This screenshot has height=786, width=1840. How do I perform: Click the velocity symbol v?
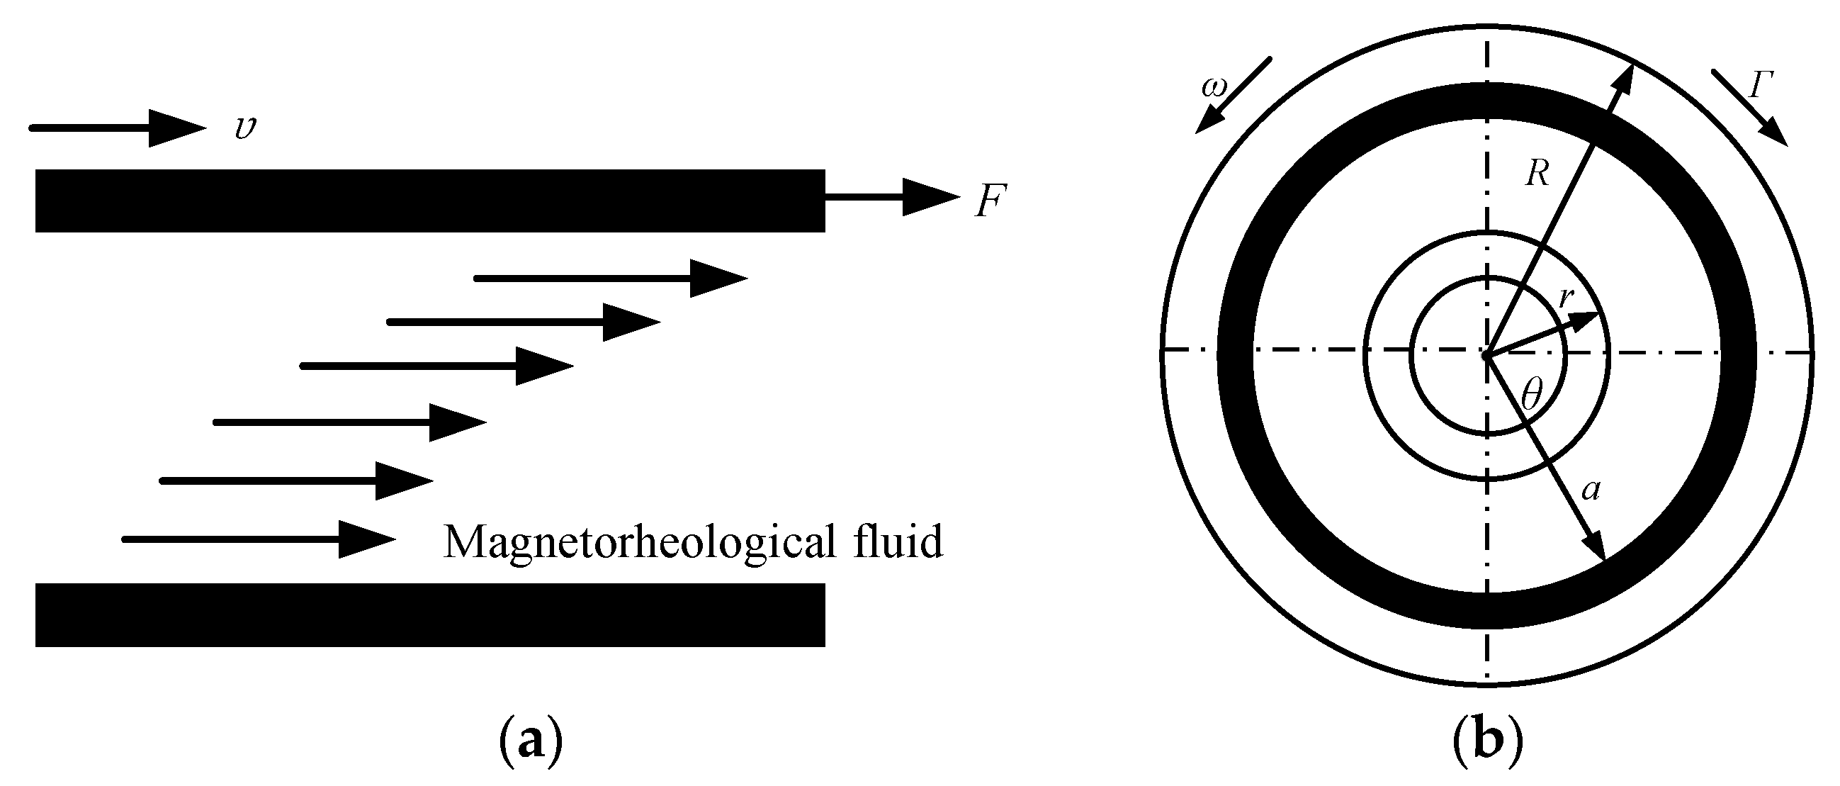tap(245, 128)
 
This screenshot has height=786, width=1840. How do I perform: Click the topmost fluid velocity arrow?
tap(611, 279)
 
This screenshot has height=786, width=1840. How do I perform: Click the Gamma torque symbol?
tap(1761, 86)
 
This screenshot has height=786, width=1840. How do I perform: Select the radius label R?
tap(1537, 174)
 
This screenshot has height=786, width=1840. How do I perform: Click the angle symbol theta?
tap(1531, 395)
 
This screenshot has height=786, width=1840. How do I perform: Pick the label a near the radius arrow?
tap(1591, 491)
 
